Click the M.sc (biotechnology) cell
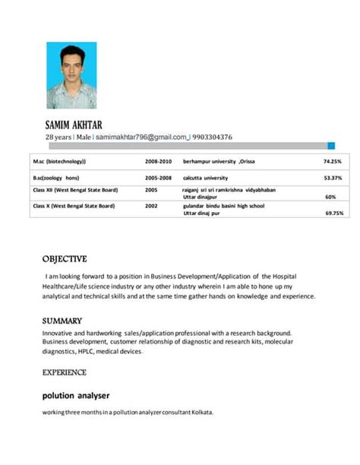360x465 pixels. [59, 161]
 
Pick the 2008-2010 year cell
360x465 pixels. [159, 161]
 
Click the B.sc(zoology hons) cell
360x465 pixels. [56, 178]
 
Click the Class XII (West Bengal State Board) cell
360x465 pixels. [74, 189]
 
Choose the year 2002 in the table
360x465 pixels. [151, 205]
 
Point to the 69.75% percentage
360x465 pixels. [333, 214]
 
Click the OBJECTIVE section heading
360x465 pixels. [65, 258]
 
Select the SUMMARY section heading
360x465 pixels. [62, 321]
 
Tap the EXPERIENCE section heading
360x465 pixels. [65, 372]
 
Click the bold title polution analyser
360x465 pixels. [76, 395]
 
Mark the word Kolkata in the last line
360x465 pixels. [202, 413]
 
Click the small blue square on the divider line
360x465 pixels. [330, 145]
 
